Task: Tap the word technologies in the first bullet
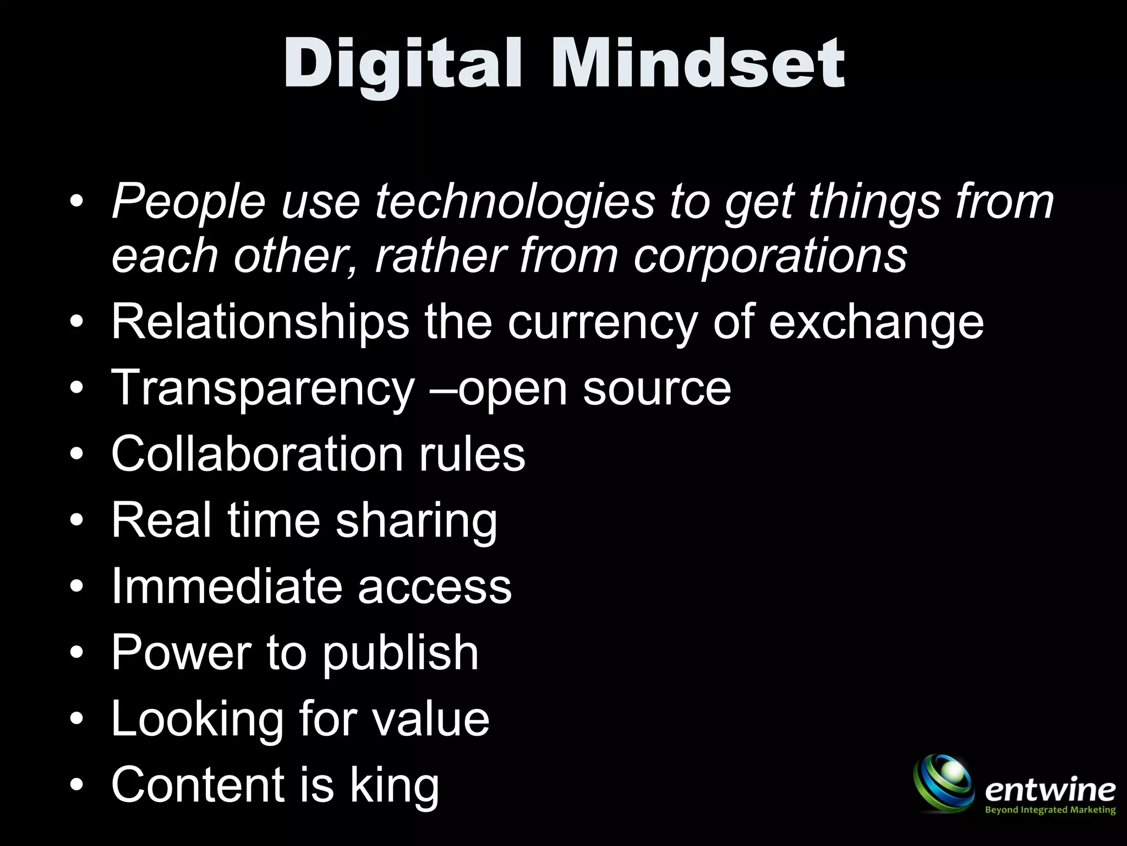(515, 202)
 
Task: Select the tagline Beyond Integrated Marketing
(1049, 810)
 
